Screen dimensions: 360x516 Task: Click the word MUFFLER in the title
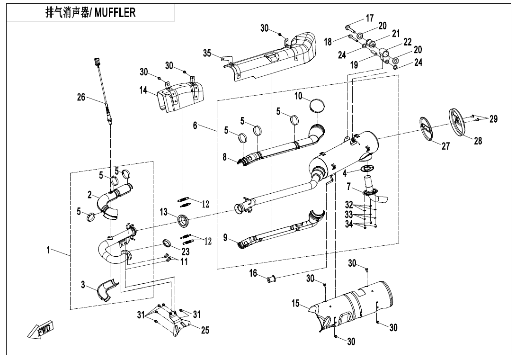coord(115,12)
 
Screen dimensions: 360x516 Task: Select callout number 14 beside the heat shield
coord(144,90)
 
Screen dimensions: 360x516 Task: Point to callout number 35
coord(207,54)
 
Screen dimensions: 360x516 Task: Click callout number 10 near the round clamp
coord(298,96)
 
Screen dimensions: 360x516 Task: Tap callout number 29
coord(493,119)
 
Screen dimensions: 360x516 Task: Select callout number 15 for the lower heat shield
coord(296,304)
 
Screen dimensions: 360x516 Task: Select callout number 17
coord(370,18)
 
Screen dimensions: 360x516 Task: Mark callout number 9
coord(225,236)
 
